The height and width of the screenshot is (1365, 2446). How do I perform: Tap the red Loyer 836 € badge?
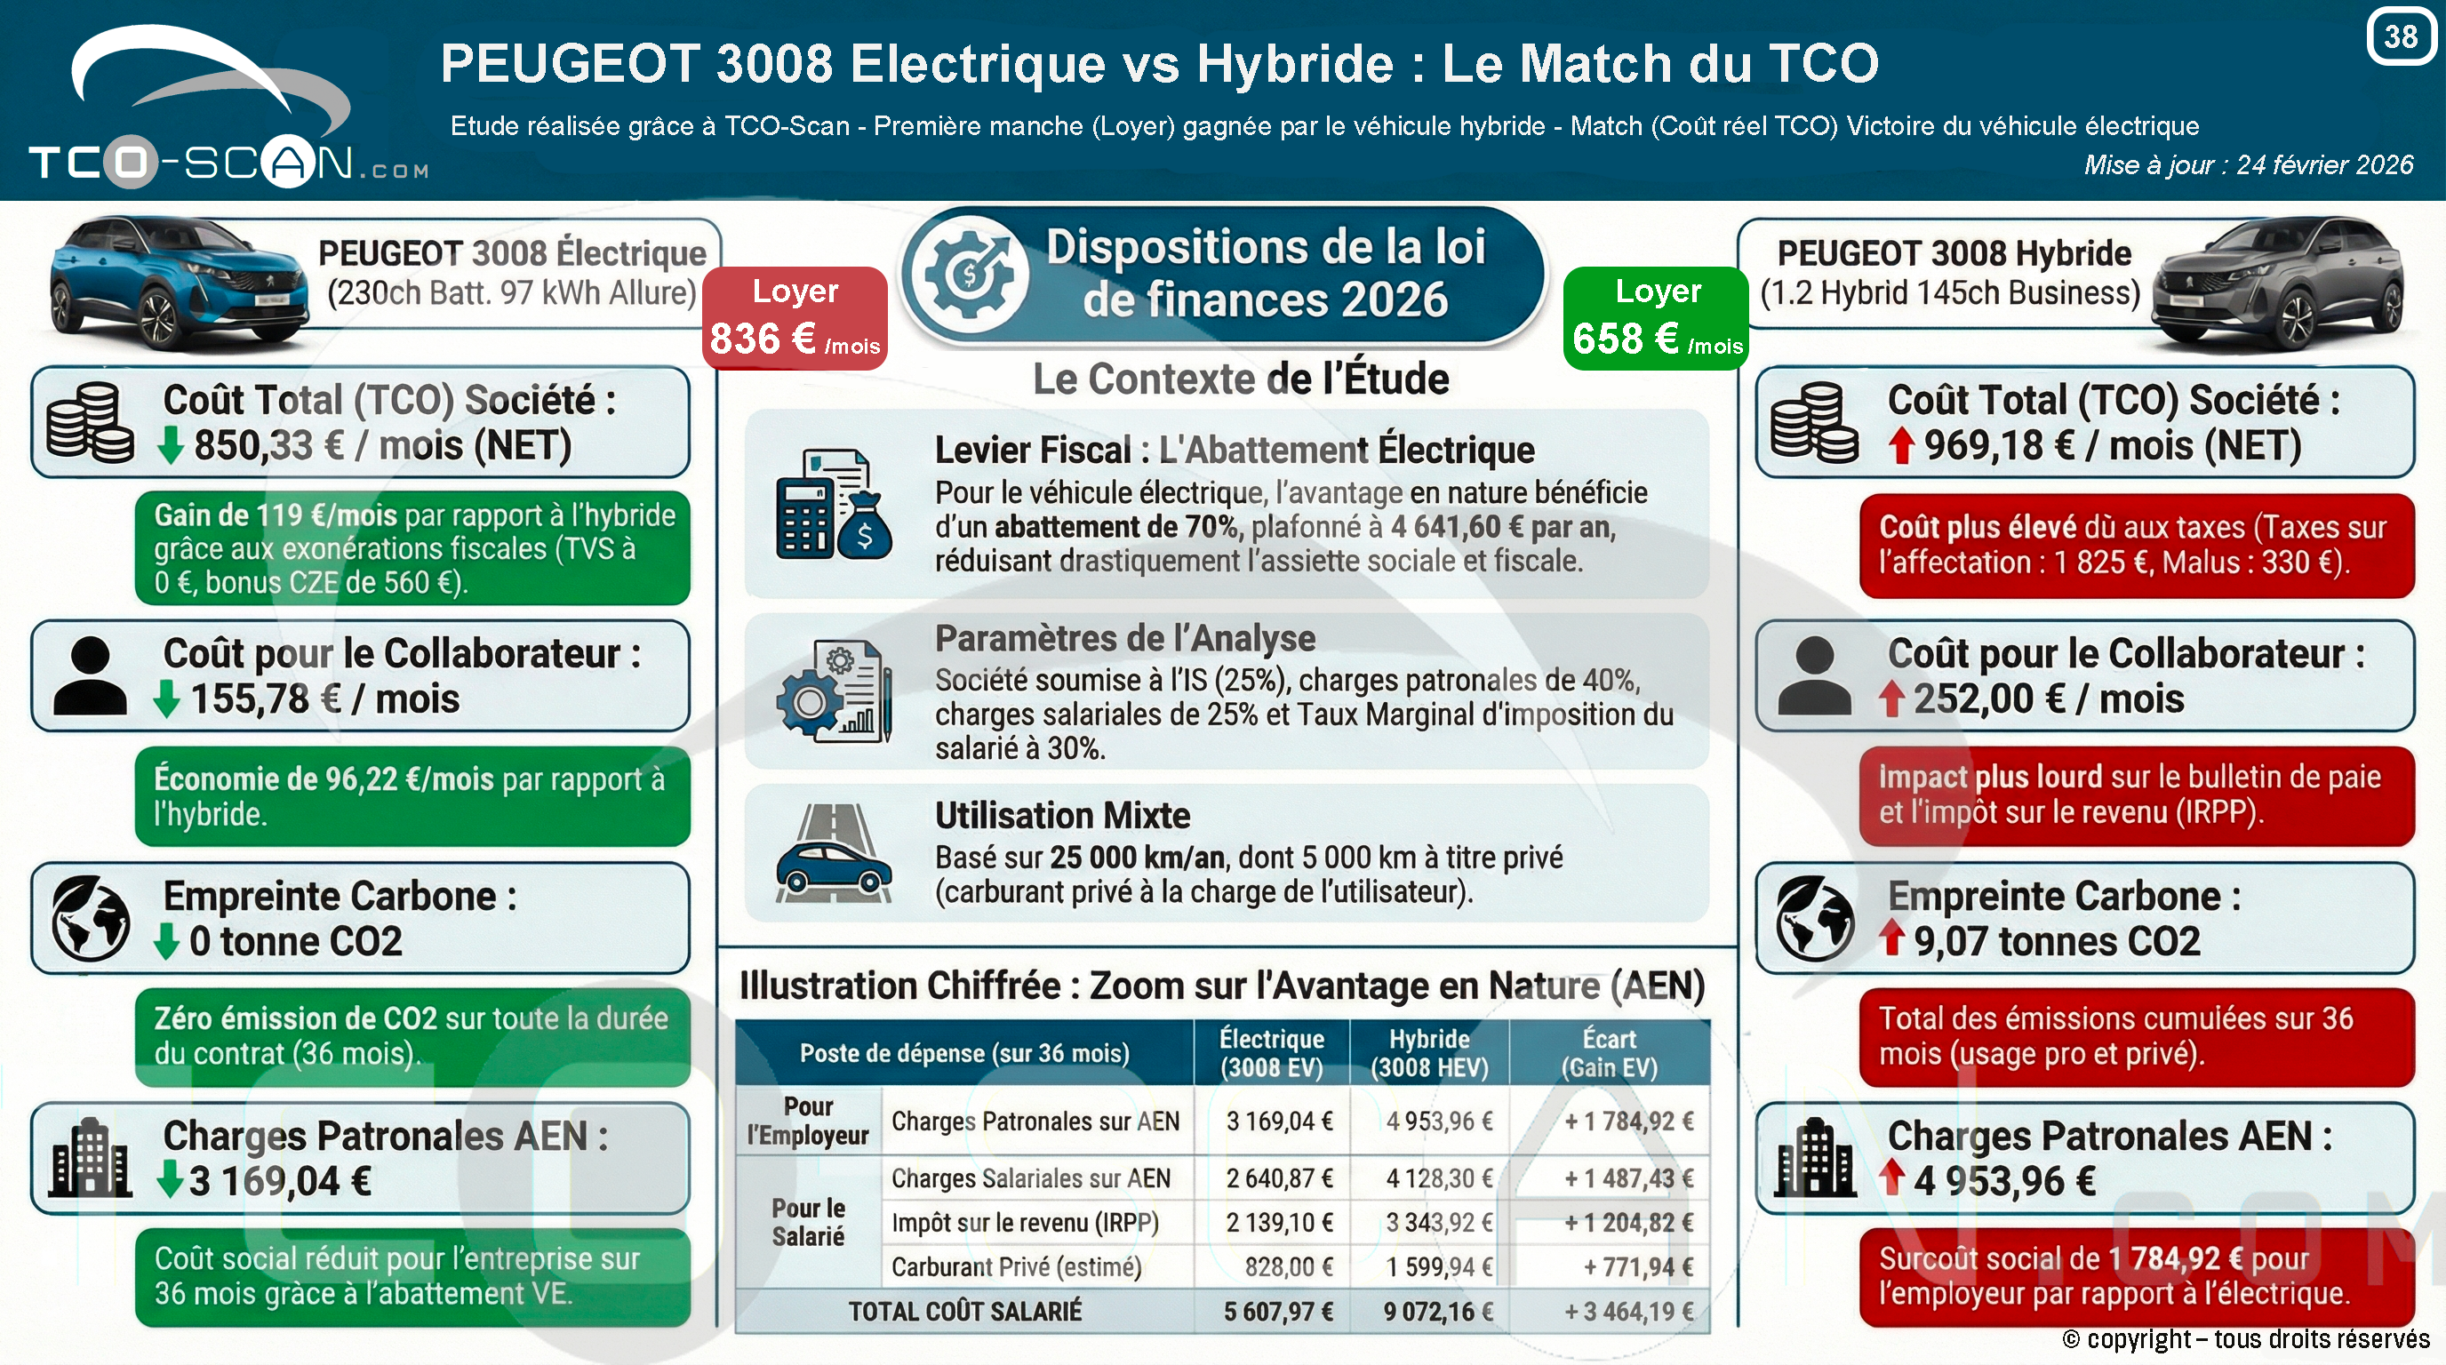point(795,317)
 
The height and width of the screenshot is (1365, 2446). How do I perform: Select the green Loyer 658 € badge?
point(1656,317)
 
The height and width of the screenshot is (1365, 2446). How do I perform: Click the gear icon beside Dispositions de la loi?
point(970,274)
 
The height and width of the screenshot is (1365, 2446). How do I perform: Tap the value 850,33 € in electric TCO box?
point(268,445)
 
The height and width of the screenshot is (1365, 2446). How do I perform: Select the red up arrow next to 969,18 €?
point(1900,445)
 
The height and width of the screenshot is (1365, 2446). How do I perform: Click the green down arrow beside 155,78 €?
point(166,698)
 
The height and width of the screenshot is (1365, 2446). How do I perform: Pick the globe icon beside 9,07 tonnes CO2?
point(1815,918)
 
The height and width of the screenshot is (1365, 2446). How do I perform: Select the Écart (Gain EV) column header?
point(1610,1053)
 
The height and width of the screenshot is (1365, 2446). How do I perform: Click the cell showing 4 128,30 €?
point(1439,1178)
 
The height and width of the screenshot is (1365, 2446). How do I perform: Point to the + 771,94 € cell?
point(1638,1266)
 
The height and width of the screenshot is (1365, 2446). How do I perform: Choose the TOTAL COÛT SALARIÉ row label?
point(964,1311)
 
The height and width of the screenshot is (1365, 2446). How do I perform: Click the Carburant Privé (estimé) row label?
point(1016,1267)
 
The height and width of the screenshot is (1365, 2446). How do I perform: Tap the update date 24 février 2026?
point(2324,165)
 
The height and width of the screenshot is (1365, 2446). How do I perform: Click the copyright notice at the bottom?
point(2246,1338)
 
